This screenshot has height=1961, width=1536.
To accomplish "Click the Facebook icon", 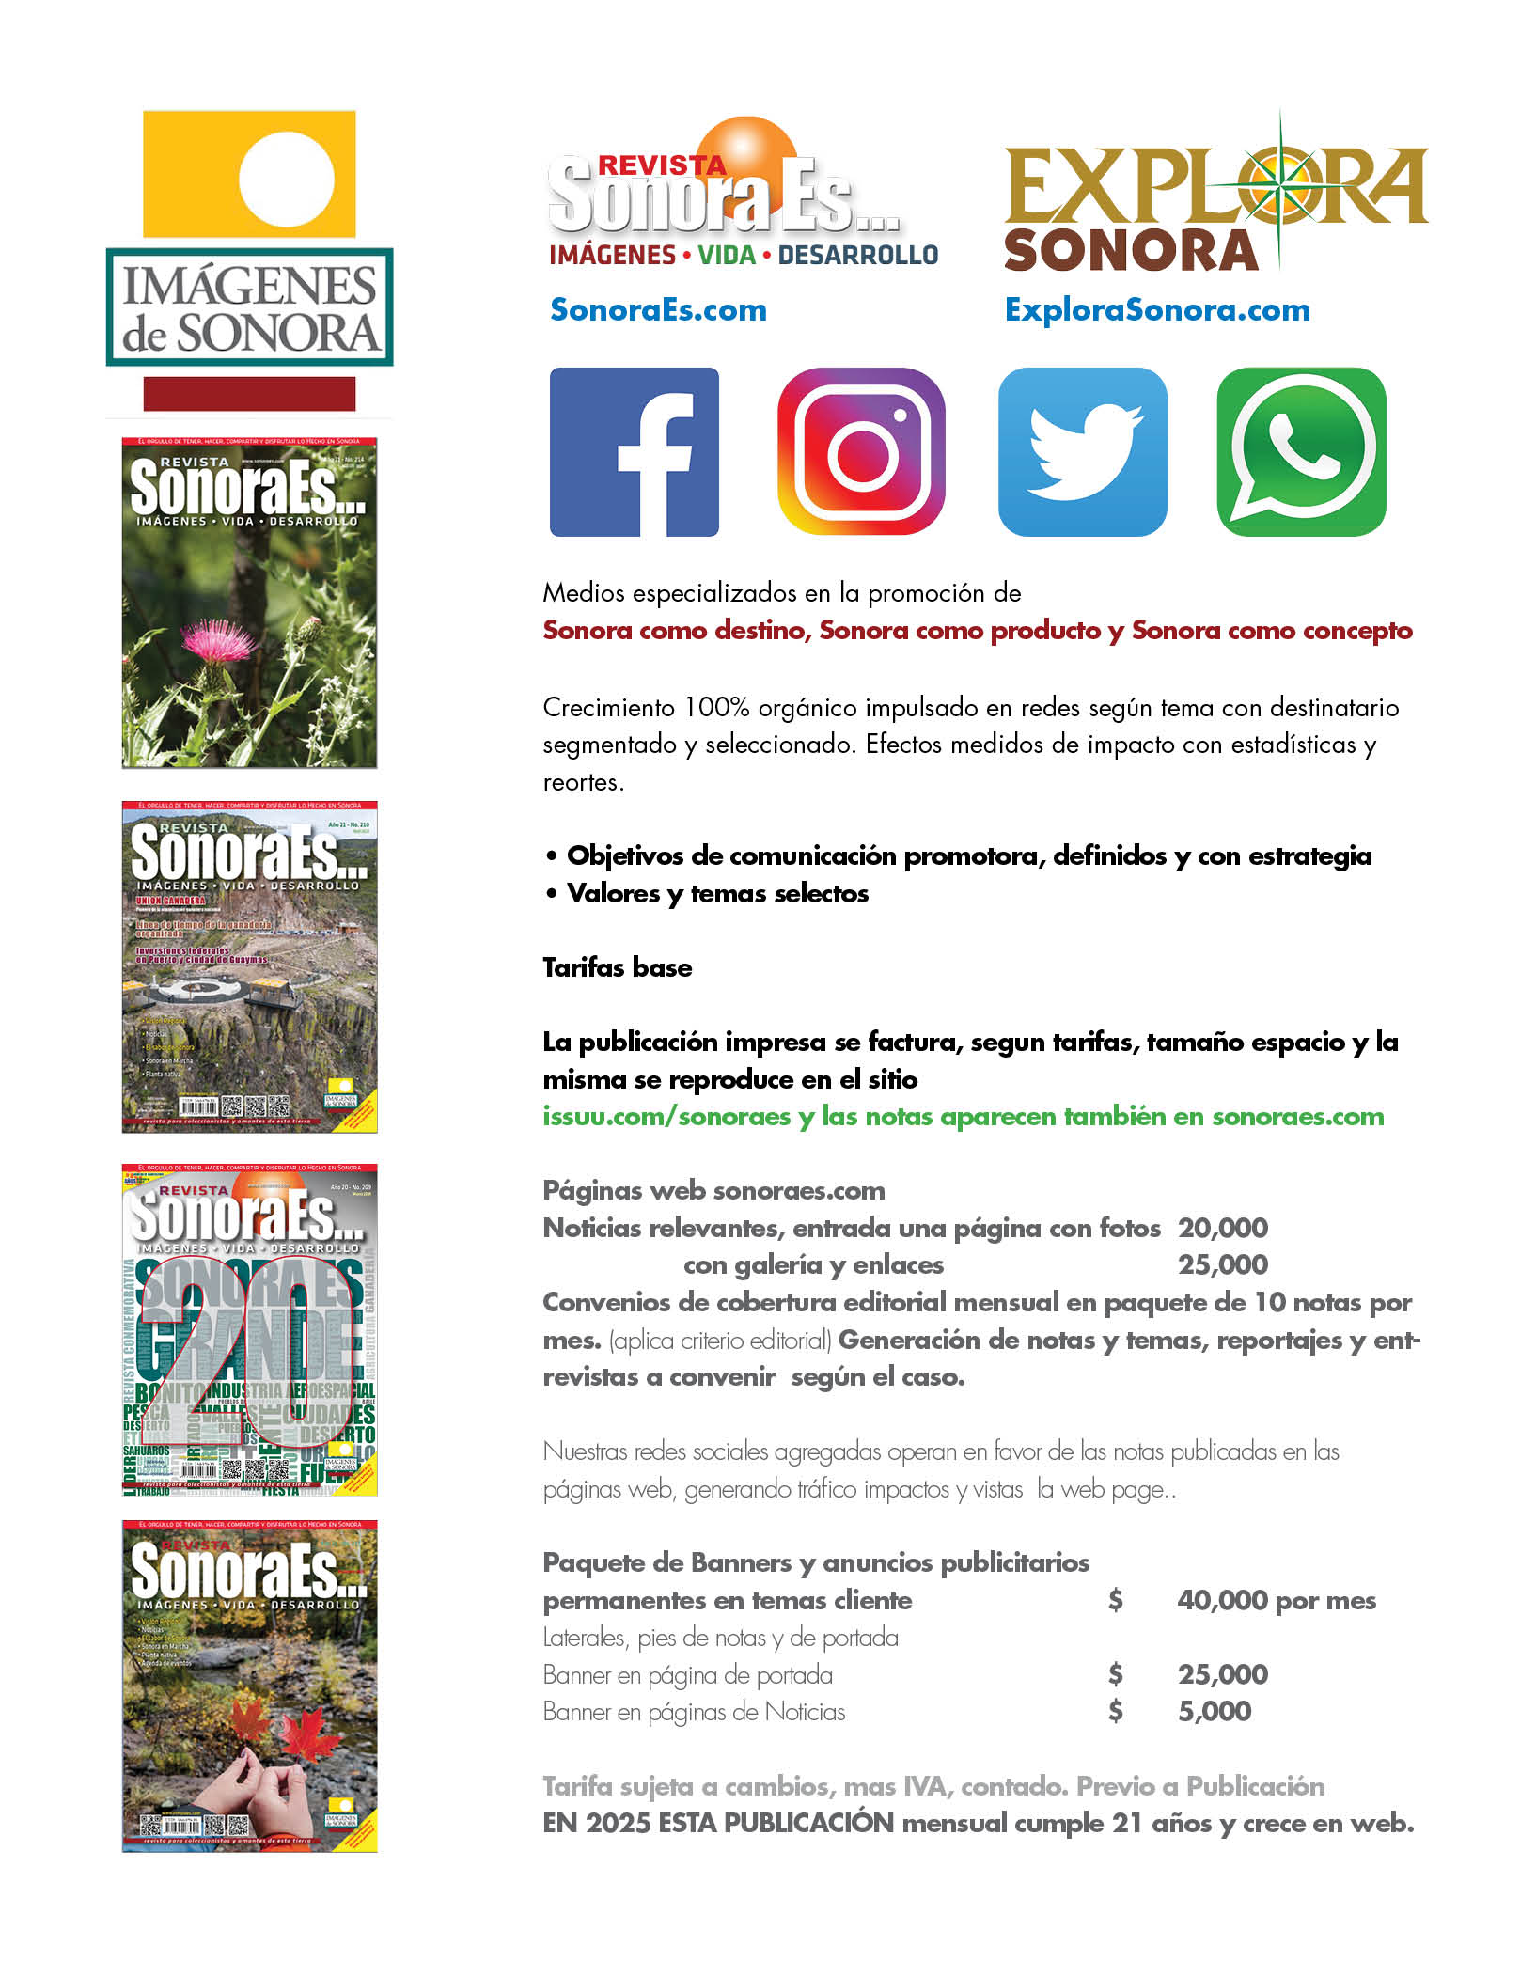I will click(634, 451).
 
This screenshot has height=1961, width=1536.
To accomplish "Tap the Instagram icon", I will click(861, 451).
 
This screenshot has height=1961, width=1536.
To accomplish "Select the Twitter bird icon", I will click(1082, 451).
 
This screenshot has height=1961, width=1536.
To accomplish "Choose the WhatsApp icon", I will click(1301, 451).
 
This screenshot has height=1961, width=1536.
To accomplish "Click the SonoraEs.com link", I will click(658, 309).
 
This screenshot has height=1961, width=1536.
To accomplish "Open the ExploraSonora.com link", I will click(1156, 309).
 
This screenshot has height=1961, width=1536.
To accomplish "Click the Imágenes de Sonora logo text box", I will click(249, 307).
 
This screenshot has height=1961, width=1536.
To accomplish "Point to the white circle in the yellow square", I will click(286, 178).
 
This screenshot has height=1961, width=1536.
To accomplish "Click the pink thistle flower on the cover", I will click(224, 640).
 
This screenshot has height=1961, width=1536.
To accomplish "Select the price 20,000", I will click(1222, 1227).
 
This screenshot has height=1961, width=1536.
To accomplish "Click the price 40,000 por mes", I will click(1276, 1599).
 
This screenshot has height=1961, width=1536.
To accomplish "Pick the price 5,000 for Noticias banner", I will click(1214, 1711).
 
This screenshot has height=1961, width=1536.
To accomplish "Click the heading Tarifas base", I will click(617, 967).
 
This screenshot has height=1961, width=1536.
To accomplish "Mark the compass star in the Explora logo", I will click(1279, 189).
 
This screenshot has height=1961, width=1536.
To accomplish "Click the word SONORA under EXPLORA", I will click(1131, 251).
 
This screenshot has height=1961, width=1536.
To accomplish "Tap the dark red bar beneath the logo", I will click(249, 394).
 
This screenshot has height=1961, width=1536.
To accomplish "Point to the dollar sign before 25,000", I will click(1115, 1673).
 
